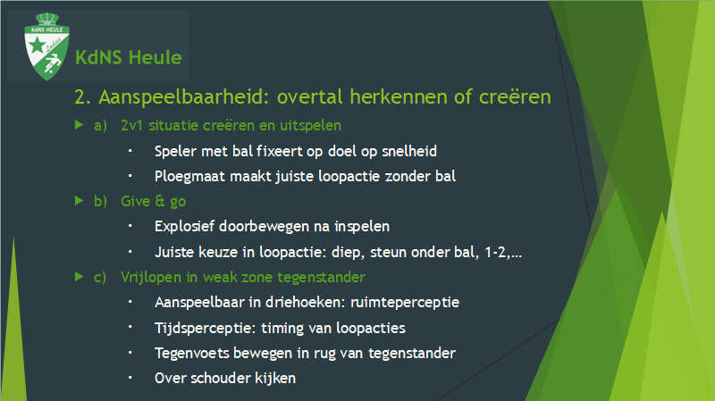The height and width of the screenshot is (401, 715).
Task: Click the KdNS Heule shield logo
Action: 46,46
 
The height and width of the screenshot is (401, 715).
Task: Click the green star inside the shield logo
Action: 37,46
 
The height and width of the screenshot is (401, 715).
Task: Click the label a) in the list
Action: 100,125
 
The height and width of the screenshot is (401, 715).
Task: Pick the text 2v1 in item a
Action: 131,125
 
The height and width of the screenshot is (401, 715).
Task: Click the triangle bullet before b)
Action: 79,200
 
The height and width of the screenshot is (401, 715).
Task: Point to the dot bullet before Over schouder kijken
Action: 130,377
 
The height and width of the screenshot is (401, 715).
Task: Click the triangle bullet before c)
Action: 79,276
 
